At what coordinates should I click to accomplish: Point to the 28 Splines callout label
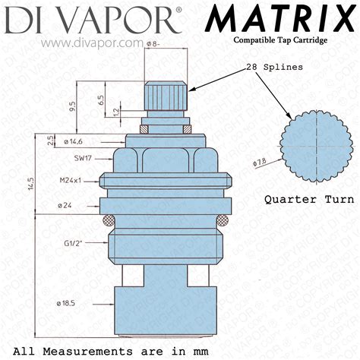coord(274,67)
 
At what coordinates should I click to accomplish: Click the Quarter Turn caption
coord(308,201)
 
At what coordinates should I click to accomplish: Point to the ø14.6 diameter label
coord(77,141)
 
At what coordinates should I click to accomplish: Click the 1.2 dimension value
coord(115,112)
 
